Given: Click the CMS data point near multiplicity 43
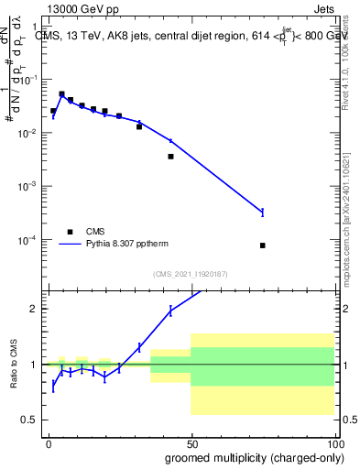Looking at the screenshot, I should click(171, 157).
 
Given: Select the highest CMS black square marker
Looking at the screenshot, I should click(61, 94).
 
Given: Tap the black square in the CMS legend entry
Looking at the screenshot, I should click(70, 232).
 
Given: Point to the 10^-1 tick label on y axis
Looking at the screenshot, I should click(30, 80).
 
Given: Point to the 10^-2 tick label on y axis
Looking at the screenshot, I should click(30, 134).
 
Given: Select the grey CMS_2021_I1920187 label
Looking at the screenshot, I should click(191, 274).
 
